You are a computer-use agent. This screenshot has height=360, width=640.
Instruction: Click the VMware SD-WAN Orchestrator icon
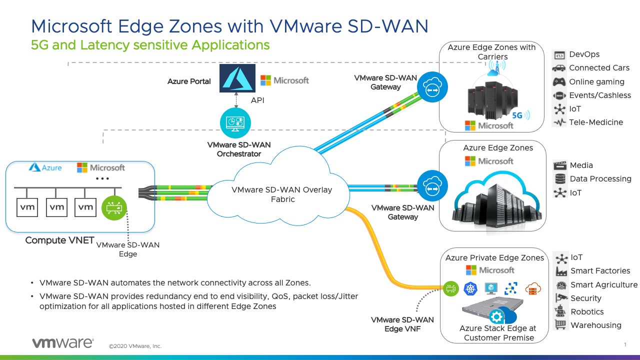pos(235,123)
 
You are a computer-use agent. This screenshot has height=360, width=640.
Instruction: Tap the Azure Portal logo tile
pos(237,78)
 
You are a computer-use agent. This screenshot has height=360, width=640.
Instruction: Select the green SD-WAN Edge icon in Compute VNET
pos(114,207)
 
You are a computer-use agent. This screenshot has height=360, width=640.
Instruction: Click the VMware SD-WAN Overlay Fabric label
pos(282,194)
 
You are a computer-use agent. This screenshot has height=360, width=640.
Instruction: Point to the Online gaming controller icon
pos(559,81)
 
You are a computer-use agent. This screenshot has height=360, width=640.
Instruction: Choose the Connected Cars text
pos(599,68)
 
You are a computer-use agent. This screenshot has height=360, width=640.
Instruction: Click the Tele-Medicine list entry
pos(595,122)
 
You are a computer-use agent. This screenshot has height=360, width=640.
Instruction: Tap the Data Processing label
pos(600,179)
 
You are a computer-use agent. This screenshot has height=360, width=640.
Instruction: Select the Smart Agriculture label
pos(604,284)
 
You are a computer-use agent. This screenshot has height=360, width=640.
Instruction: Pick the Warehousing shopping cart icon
pos(561,325)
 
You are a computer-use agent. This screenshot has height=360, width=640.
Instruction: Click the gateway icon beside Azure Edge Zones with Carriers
pos(432,87)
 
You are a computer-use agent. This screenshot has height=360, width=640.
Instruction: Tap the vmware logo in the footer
pos(62,343)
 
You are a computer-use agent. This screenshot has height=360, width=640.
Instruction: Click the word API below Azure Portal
pos(257,100)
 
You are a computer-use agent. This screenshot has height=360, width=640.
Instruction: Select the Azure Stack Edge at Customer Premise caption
pos(498,333)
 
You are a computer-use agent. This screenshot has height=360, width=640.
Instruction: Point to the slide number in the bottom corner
pos(625,344)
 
